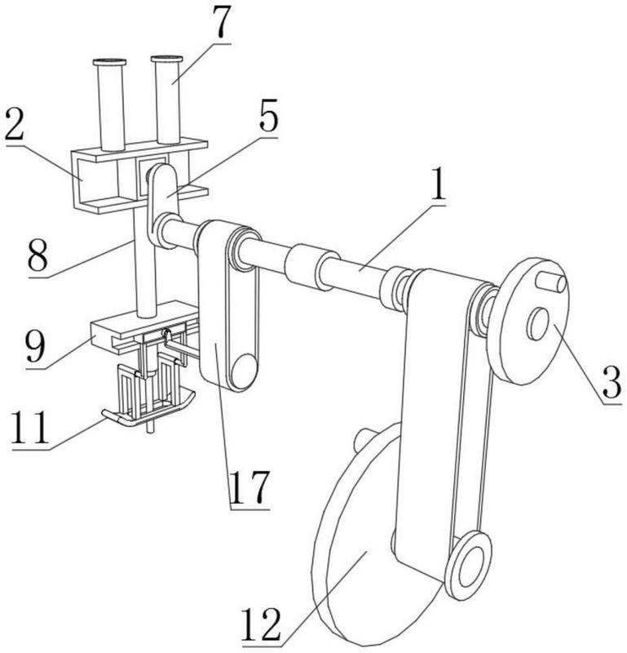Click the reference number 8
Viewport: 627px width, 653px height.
(x=38, y=253)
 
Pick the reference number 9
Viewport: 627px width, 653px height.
(x=35, y=346)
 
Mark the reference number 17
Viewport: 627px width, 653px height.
(x=249, y=487)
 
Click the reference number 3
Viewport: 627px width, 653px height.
(x=612, y=381)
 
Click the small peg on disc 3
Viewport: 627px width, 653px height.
(x=551, y=282)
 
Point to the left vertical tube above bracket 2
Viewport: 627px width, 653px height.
(x=111, y=104)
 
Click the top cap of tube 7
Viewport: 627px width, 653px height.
(x=167, y=59)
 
